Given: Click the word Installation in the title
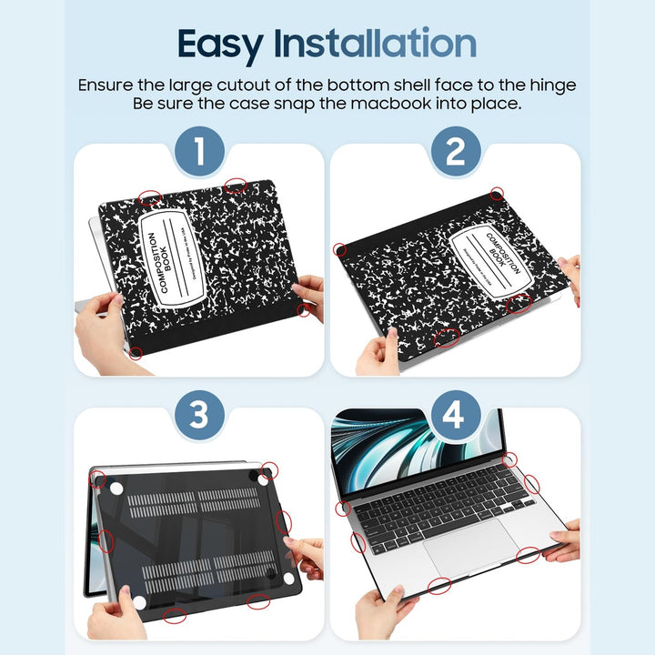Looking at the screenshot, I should tap(388, 44).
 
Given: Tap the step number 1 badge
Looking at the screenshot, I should tap(198, 152).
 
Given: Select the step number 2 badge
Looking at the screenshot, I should tap(455, 152).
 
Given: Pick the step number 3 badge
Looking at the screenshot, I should tap(198, 416).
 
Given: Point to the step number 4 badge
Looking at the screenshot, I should tap(455, 416).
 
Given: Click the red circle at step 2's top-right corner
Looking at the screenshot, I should tap(497, 194).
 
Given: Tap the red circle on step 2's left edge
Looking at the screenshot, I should tap(340, 248).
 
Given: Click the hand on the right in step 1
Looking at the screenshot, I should tap(309, 296).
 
